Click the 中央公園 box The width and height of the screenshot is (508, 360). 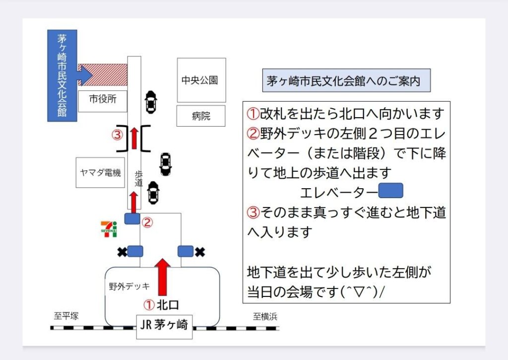pyautogui.click(x=201, y=80)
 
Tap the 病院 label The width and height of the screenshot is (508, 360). pyautogui.click(x=201, y=116)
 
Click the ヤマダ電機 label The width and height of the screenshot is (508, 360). pyautogui.click(x=100, y=173)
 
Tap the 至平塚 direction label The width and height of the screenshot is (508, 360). pyautogui.click(x=66, y=316)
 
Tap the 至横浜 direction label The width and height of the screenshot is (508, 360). pyautogui.click(x=265, y=316)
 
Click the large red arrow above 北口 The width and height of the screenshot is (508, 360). pyautogui.click(x=163, y=277)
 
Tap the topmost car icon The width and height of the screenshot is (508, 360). pyautogui.click(x=150, y=102)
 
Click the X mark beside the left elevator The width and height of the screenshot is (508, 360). pyautogui.click(x=121, y=252)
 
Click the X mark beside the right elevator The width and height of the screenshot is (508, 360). pyautogui.click(x=199, y=252)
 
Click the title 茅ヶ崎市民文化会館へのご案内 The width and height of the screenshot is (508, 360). pyautogui.click(x=346, y=80)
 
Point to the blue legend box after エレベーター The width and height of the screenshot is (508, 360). pyautogui.click(x=390, y=191)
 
